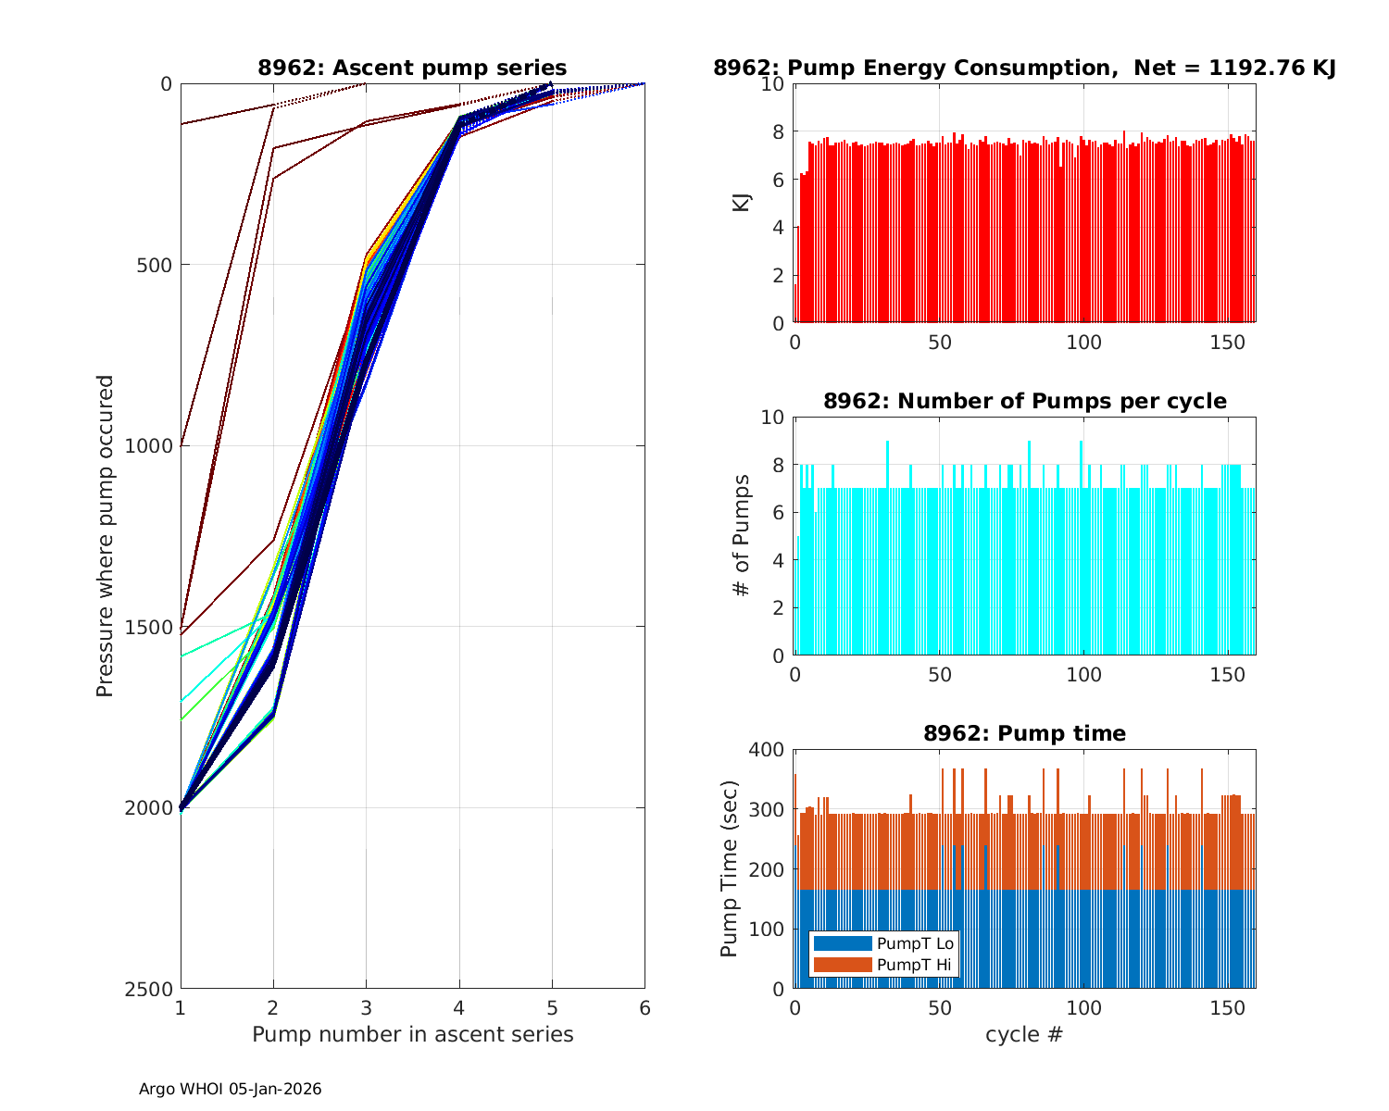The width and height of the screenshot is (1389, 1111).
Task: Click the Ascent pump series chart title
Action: point(412,68)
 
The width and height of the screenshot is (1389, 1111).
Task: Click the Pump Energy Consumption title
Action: point(1024,68)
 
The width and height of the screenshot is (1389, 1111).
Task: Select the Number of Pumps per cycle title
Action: point(1024,401)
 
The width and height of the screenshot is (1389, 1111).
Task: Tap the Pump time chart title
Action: point(1024,733)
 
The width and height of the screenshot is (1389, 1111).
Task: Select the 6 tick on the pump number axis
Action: point(644,1007)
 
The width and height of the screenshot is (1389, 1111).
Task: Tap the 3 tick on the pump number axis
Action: point(366,1007)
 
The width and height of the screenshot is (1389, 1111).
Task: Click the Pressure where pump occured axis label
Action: point(106,536)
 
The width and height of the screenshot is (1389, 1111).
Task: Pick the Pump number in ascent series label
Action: point(412,1034)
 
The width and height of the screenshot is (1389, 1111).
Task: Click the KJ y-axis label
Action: point(742,203)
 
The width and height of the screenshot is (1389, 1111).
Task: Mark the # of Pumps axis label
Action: point(742,536)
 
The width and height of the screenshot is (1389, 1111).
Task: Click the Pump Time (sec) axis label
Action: point(730,868)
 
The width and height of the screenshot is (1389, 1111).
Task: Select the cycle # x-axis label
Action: point(1024,1034)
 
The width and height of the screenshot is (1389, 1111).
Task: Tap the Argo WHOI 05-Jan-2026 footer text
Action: point(231,1089)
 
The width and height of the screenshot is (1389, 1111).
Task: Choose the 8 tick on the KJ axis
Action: point(777,131)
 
